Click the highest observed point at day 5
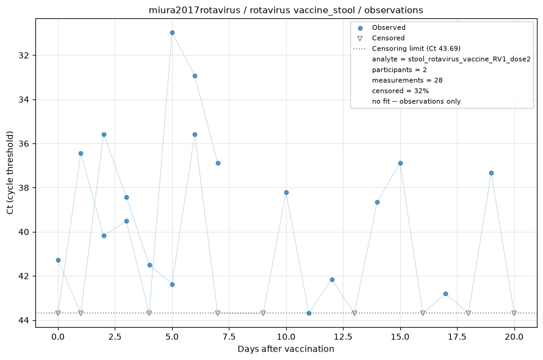[x=172, y=33]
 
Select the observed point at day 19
[x=491, y=173]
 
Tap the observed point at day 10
[x=286, y=193]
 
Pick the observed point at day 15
[x=400, y=163]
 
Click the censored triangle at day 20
[x=514, y=313]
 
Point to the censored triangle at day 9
[x=263, y=313]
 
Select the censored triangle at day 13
[x=354, y=313]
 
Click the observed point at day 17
[x=446, y=294]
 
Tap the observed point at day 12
[x=332, y=279]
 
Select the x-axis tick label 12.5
[x=343, y=337]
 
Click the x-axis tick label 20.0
[x=514, y=337]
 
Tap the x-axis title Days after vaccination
[x=286, y=349]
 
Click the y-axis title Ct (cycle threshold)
[x=10, y=173]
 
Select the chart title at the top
[x=286, y=10]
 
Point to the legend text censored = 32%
[x=400, y=91]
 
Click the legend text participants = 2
[x=399, y=70]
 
